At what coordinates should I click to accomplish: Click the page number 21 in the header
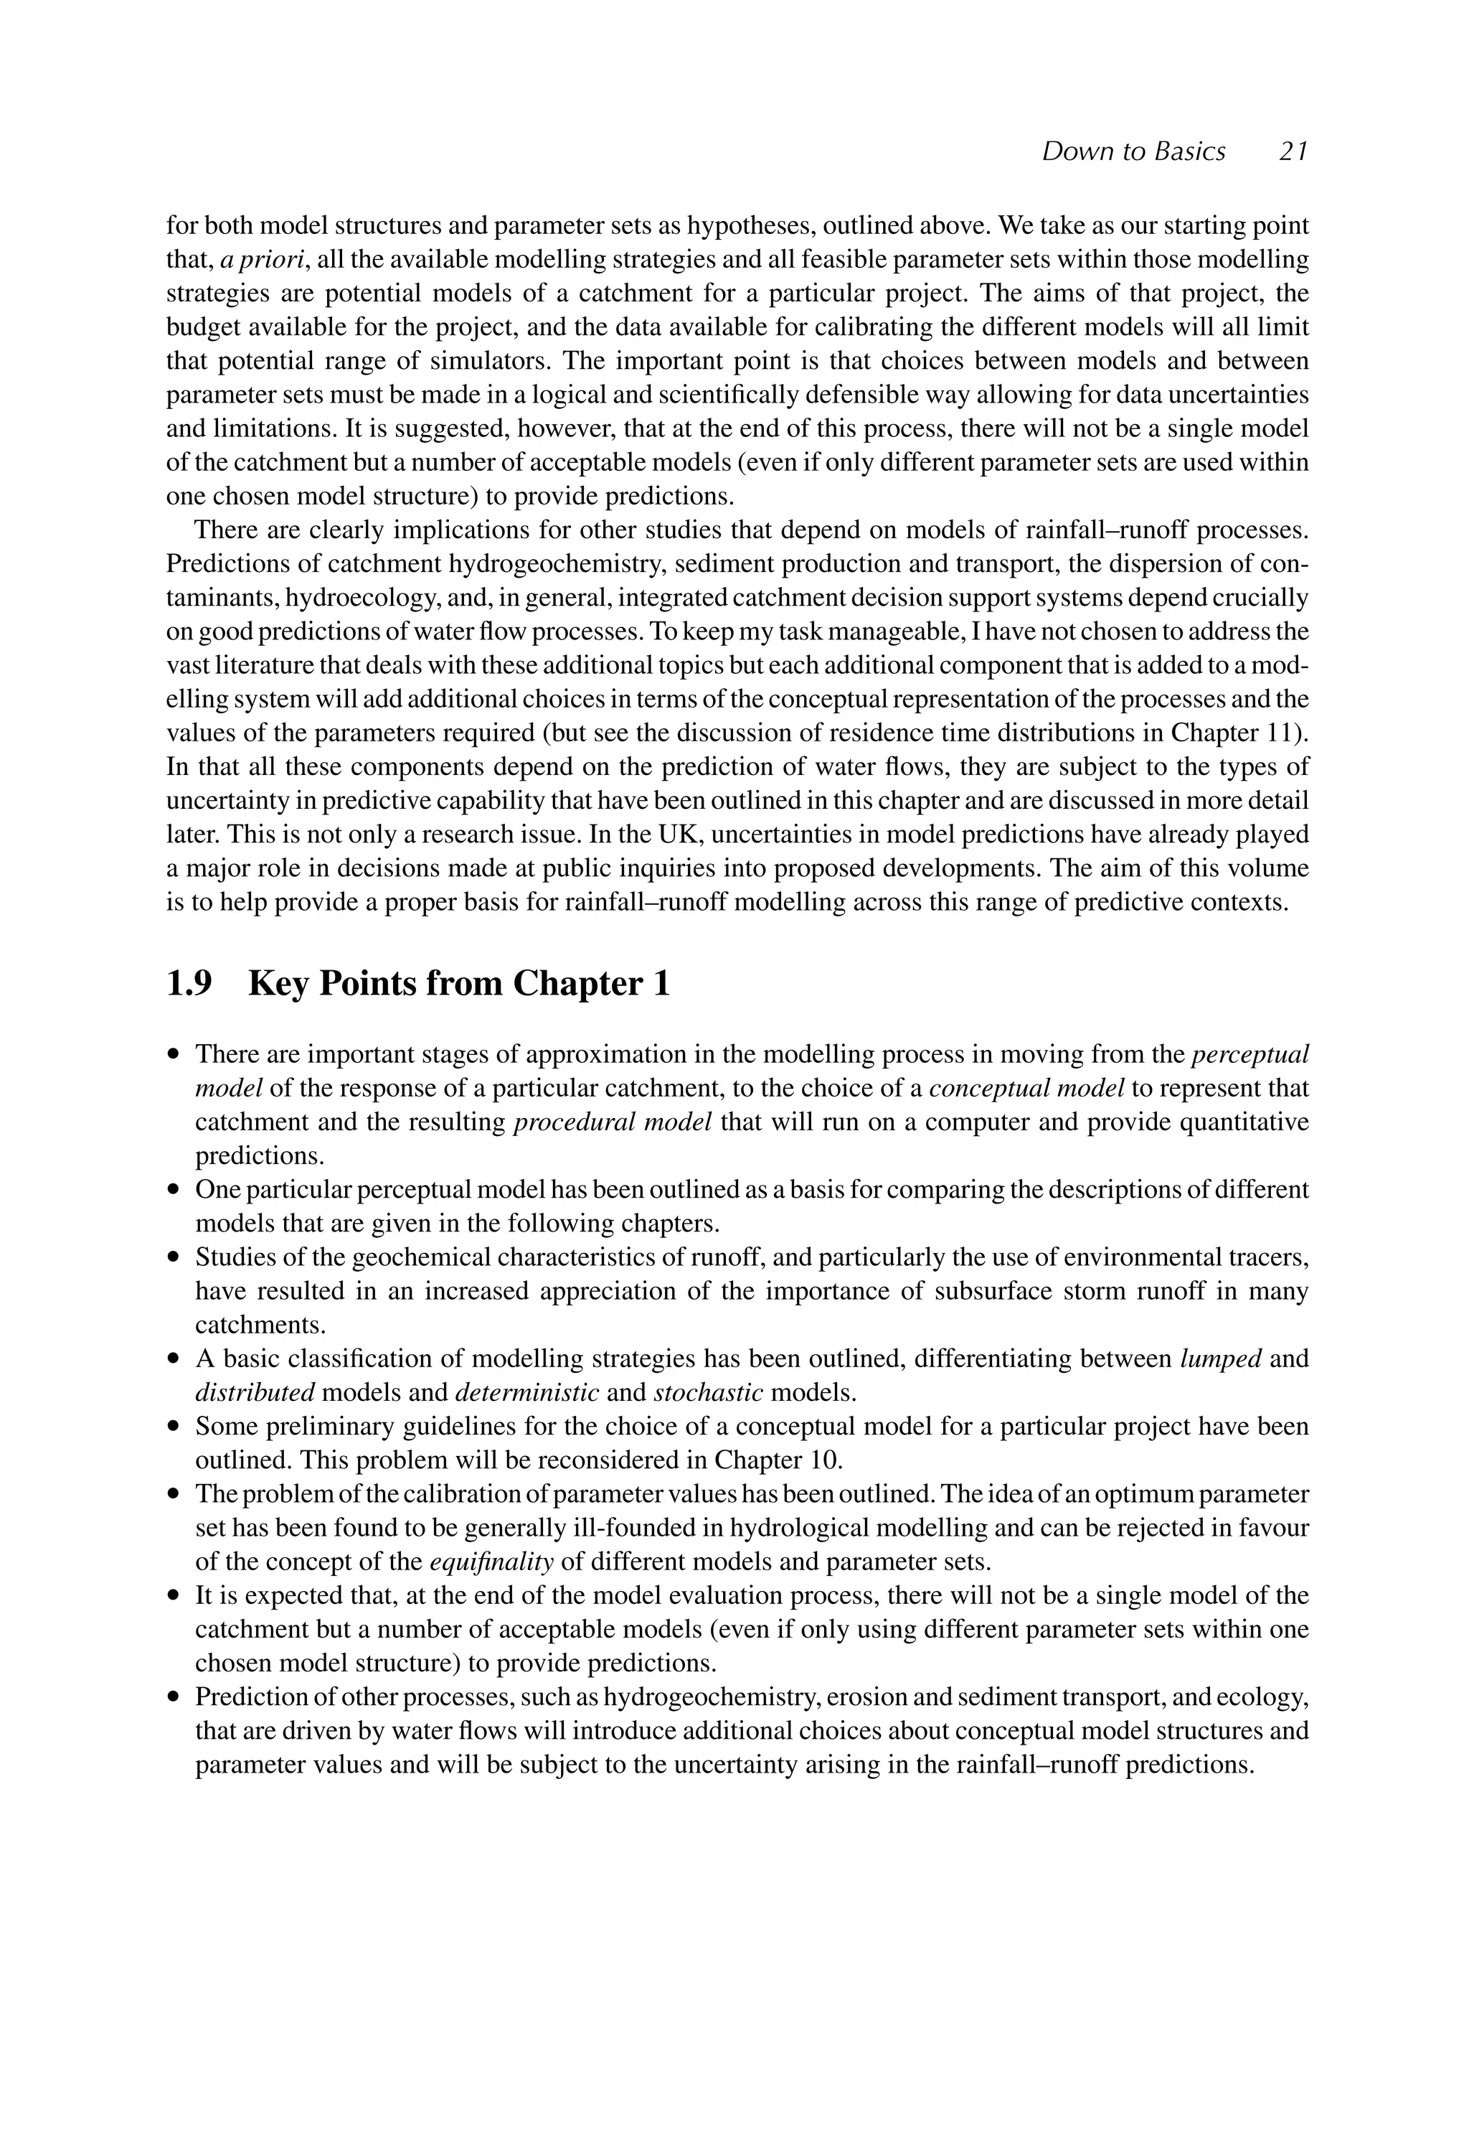(x=1293, y=152)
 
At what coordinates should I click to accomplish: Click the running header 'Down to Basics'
(x=1133, y=152)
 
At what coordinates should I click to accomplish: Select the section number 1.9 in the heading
(x=189, y=984)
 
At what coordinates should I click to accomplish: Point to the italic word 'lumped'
(x=1219, y=1359)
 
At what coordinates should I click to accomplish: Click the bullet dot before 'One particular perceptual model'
(x=173, y=1191)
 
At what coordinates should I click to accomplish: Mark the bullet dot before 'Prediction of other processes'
(x=173, y=1699)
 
